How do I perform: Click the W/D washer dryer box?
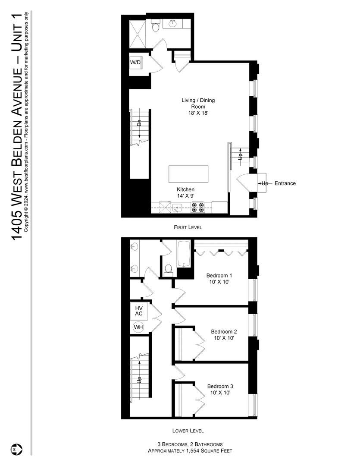[x=135, y=63]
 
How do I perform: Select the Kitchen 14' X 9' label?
[x=185, y=192]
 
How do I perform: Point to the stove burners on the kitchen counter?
[x=197, y=208]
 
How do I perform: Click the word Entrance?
[x=285, y=183]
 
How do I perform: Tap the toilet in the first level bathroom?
[x=156, y=27]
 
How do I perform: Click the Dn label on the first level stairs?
[x=139, y=123]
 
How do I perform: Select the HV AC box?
[x=139, y=311]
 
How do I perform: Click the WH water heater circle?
[x=138, y=327]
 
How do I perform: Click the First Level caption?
[x=188, y=227]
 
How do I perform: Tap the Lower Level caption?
[x=188, y=431]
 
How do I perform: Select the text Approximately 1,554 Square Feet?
[x=190, y=451]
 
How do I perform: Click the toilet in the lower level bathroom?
[x=169, y=270]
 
